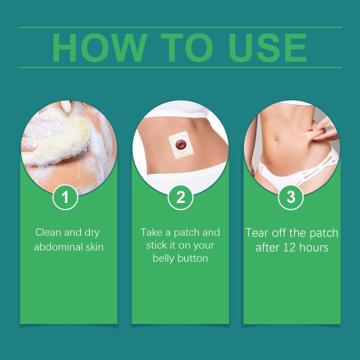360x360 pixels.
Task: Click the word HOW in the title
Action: coord(99,48)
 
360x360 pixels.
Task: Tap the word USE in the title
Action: coord(267,48)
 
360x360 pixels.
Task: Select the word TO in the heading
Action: coord(187,48)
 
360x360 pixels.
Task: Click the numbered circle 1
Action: coord(65,197)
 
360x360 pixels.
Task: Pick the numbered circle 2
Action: coord(180,197)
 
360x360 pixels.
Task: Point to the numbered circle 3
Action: coord(291,197)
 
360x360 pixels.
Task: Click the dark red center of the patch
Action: coord(181,144)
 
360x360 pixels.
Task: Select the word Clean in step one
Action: coord(48,232)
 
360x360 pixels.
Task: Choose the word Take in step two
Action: coord(151,232)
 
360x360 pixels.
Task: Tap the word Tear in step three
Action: coord(257,233)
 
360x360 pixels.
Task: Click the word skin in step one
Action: coord(94,247)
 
